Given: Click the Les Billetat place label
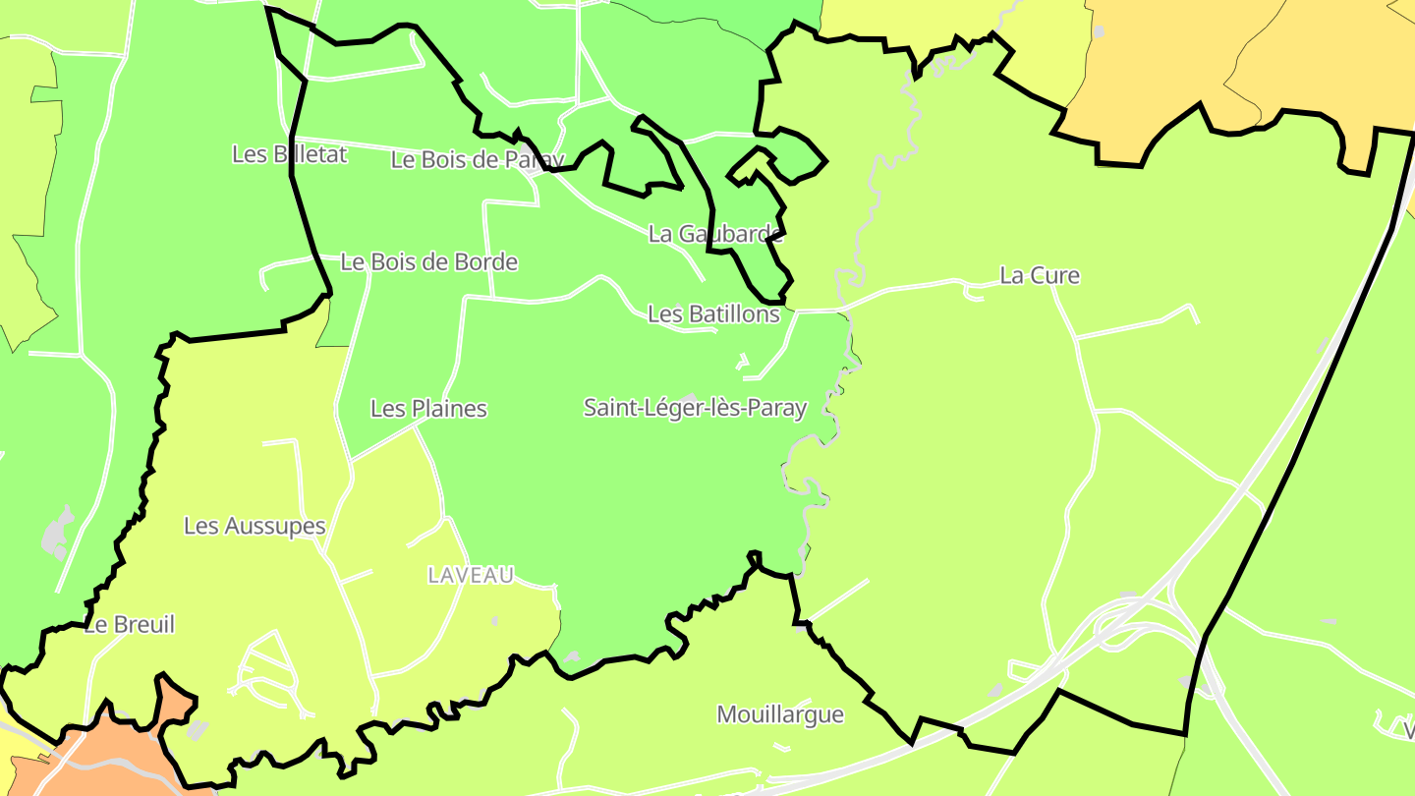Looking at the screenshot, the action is point(289,154).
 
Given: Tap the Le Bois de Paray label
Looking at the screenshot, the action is point(478,160).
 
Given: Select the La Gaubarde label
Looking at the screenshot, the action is point(715,234).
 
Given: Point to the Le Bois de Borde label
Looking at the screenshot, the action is point(428,262).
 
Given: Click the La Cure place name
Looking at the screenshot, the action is point(1039,276).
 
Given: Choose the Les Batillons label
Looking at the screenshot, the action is point(713,314).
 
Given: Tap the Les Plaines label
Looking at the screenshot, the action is point(428,409).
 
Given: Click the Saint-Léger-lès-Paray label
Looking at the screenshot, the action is point(695,408).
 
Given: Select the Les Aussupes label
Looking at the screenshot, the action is point(255,527).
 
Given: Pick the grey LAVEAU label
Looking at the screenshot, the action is point(471,576).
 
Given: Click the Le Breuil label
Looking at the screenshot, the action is point(130,625).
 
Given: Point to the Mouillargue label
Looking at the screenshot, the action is point(780,714).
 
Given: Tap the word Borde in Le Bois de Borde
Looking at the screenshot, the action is point(487,262).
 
